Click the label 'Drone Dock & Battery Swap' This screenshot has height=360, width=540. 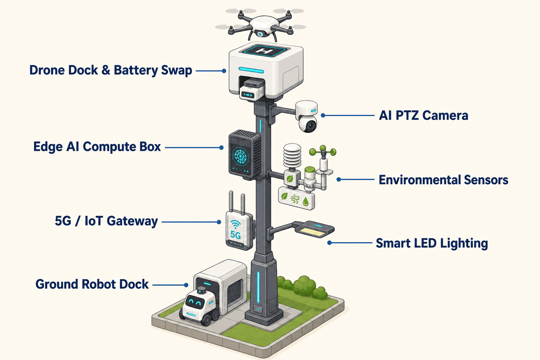tap(111, 70)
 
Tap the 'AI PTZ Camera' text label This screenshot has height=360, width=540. tap(423, 115)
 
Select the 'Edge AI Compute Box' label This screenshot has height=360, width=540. tap(97, 147)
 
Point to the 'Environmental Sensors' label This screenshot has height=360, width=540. tap(443, 180)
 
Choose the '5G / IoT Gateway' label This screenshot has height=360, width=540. tap(106, 221)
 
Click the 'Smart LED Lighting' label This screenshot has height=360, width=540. tap(432, 243)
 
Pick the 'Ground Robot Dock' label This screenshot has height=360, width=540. tap(92, 284)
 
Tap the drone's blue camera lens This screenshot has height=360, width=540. tap(260, 34)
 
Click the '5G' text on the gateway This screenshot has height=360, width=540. tap(235, 234)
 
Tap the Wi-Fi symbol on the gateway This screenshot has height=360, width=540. tap(236, 225)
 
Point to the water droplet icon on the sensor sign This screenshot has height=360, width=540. tap(306, 201)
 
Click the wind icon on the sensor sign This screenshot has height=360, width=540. tap(295, 199)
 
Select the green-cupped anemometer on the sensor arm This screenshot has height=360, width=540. tap(323, 152)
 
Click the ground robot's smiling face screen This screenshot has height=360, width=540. tap(195, 302)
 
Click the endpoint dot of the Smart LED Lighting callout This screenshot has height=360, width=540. tap(329, 243)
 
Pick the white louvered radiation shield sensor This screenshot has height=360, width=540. tap(292, 155)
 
